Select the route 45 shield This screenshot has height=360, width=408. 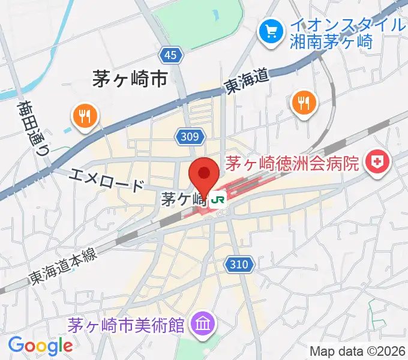pyautogui.click(x=171, y=56)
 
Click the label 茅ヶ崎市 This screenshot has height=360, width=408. pyautogui.click(x=130, y=79)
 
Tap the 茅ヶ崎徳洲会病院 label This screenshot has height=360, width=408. pyautogui.click(x=292, y=162)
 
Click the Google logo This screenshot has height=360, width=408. pyautogui.click(x=40, y=346)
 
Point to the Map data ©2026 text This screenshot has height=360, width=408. pyautogui.click(x=356, y=350)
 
